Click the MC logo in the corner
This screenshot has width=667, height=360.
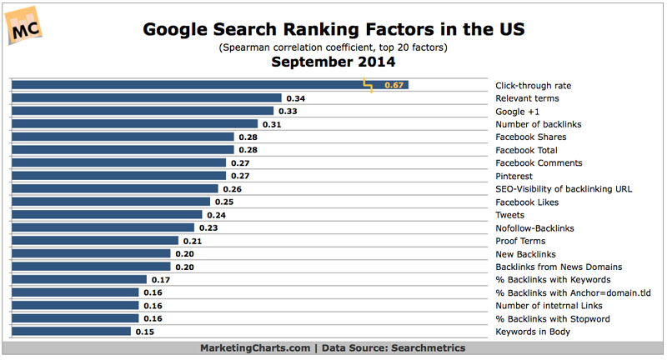24,26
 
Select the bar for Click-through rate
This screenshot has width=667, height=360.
210,85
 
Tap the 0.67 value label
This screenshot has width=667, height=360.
394,85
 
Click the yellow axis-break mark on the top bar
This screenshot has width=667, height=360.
368,85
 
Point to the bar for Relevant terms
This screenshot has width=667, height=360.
147,98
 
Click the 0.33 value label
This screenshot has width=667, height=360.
288,112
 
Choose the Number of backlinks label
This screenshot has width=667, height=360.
538,124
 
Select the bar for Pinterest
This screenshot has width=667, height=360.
118,176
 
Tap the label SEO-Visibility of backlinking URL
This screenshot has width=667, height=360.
564,189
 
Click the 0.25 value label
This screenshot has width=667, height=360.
224,202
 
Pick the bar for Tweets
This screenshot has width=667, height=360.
107,215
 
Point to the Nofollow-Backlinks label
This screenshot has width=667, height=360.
534,228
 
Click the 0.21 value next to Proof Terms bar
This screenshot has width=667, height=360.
193,241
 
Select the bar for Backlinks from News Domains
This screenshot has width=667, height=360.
91,267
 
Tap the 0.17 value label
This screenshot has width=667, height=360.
161,280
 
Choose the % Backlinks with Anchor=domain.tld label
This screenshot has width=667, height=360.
573,292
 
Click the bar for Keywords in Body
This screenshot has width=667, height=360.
71,332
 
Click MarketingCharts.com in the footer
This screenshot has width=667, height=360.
255,348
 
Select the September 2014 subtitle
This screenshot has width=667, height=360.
333,62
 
